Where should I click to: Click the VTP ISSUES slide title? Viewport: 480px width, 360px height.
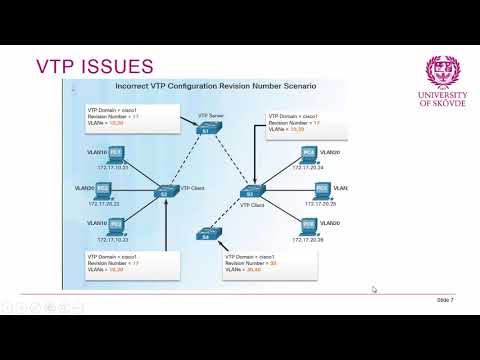(x=94, y=67)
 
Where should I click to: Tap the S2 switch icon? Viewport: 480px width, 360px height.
(x=166, y=190)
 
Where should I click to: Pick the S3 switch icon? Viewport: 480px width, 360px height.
(x=250, y=192)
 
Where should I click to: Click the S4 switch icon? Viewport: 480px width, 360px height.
(x=207, y=236)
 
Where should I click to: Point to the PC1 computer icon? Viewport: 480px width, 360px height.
(x=116, y=154)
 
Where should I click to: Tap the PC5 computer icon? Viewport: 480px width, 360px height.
(x=321, y=189)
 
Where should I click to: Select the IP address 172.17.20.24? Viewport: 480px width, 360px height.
(x=317, y=168)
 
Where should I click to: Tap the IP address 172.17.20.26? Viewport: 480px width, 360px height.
(x=317, y=240)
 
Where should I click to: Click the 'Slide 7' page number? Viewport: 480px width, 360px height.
(x=445, y=299)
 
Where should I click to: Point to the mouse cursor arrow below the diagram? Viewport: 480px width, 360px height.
(x=374, y=290)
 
